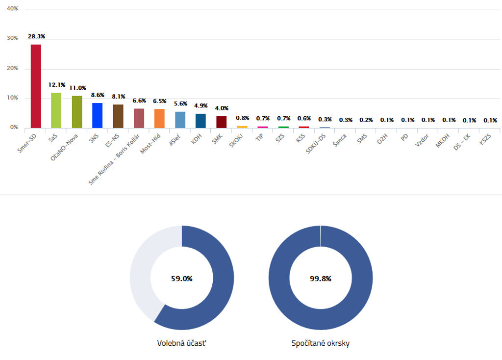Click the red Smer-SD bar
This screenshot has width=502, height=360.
(36, 86)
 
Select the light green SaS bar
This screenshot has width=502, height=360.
(56, 110)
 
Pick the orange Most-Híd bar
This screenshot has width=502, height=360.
(159, 118)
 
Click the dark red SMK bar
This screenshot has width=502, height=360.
(221, 122)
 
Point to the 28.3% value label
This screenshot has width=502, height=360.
(36, 37)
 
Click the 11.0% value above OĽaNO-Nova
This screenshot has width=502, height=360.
(77, 88)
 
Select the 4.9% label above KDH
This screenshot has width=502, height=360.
(201, 106)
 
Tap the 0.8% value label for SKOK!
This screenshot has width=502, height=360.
(243, 118)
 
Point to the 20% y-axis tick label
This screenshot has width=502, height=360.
(11, 69)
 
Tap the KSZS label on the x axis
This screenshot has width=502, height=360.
(485, 139)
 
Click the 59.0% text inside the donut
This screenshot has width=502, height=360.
(181, 279)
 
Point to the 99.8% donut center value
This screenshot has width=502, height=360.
(321, 279)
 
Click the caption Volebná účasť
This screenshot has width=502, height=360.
(181, 343)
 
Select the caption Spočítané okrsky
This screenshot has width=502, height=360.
(321, 343)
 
